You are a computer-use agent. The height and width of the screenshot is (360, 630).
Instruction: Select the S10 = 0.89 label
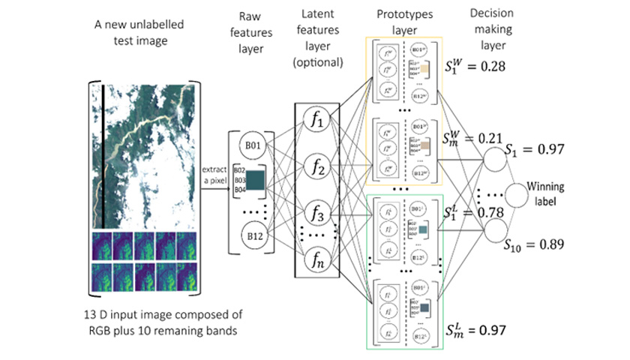coord(534,245)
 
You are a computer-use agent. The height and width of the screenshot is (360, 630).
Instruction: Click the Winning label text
coord(550,193)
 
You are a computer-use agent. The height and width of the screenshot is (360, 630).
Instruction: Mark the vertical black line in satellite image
coord(103,157)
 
